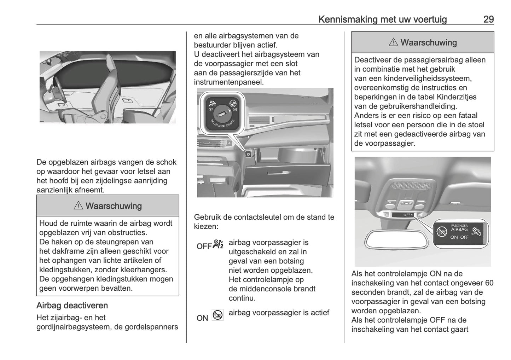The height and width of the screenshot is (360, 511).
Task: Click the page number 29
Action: [x=488, y=19]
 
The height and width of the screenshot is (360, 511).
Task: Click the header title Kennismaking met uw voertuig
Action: [x=382, y=19]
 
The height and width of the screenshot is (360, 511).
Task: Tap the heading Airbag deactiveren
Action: [x=72, y=306]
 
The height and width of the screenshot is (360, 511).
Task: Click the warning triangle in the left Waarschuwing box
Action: [x=78, y=206]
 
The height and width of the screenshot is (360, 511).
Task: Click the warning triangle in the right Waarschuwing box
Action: [x=393, y=42]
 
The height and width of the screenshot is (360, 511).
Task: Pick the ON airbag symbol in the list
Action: [x=217, y=315]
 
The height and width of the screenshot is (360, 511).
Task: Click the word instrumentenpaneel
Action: [x=228, y=82]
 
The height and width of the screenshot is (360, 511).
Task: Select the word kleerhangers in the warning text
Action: [x=145, y=270]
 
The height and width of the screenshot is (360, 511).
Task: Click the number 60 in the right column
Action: [x=489, y=283]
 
